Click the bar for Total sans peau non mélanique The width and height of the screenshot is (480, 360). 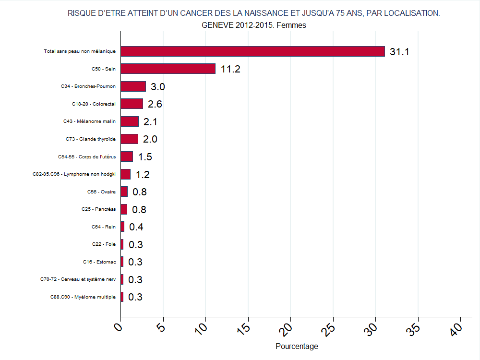[252, 51]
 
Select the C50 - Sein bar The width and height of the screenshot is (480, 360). [168, 69]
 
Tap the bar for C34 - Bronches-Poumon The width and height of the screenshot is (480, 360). [133, 86]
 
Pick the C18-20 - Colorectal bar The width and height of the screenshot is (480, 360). [132, 104]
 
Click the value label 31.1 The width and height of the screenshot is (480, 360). [399, 52]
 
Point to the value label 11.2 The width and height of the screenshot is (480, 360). [230, 69]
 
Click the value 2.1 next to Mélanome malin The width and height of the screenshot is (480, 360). [150, 122]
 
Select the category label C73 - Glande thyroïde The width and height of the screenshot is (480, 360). [91, 139]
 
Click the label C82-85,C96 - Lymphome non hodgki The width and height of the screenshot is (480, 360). [78, 174]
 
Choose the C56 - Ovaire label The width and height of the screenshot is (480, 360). [101, 192]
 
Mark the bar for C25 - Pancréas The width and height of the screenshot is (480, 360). [124, 209]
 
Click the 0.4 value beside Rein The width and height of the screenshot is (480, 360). [136, 227]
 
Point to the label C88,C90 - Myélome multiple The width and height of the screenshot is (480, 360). [83, 297]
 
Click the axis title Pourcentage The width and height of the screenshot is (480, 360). [297, 346]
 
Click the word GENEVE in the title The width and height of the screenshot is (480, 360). [217, 25]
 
